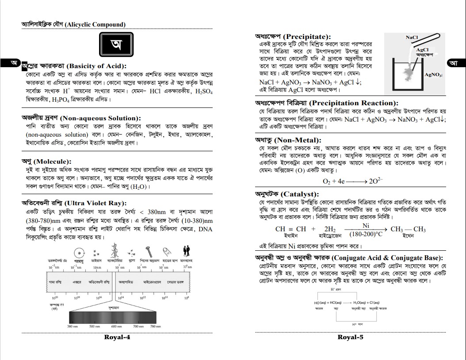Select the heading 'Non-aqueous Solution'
pyautogui.click(x=100, y=118)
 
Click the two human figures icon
pyautogui.click(x=187, y=251)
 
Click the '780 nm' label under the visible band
pyautogui.click(x=155, y=326)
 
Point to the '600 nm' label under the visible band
pyautogui.click(x=116, y=326)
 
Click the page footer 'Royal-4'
pyautogui.click(x=117, y=337)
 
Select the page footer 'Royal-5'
pyautogui.click(x=351, y=337)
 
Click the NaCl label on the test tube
pyautogui.click(x=412, y=38)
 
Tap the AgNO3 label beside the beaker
pyautogui.click(x=433, y=75)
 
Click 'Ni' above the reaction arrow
pyautogui.click(x=366, y=226)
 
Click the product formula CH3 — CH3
pyautogui.click(x=408, y=229)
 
